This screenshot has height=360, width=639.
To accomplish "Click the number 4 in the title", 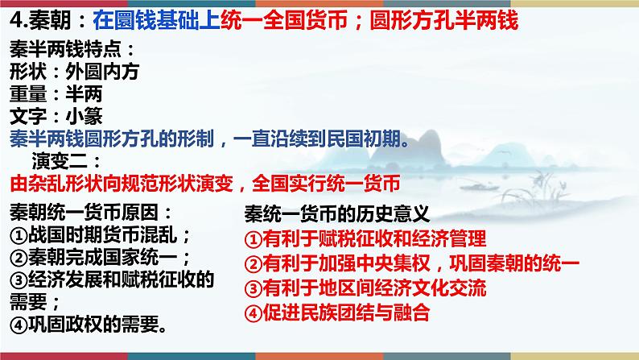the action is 16,20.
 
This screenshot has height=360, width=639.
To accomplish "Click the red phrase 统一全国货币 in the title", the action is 284,20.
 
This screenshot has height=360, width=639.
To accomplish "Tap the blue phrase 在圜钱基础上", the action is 156,20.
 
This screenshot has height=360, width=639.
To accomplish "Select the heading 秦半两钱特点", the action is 66,50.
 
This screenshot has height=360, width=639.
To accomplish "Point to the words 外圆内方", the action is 102,72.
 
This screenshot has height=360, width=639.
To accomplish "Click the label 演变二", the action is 60,161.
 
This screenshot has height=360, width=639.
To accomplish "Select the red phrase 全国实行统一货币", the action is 326,184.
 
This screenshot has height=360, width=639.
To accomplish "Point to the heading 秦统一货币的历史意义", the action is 337,214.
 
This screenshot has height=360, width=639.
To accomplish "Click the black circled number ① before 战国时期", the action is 19,235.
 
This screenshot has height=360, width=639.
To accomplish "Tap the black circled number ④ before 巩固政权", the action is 19,325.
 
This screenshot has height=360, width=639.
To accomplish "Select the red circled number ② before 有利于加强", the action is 253,264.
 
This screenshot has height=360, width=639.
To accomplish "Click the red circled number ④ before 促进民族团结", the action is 253,313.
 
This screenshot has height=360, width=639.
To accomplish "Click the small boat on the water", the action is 480,187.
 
